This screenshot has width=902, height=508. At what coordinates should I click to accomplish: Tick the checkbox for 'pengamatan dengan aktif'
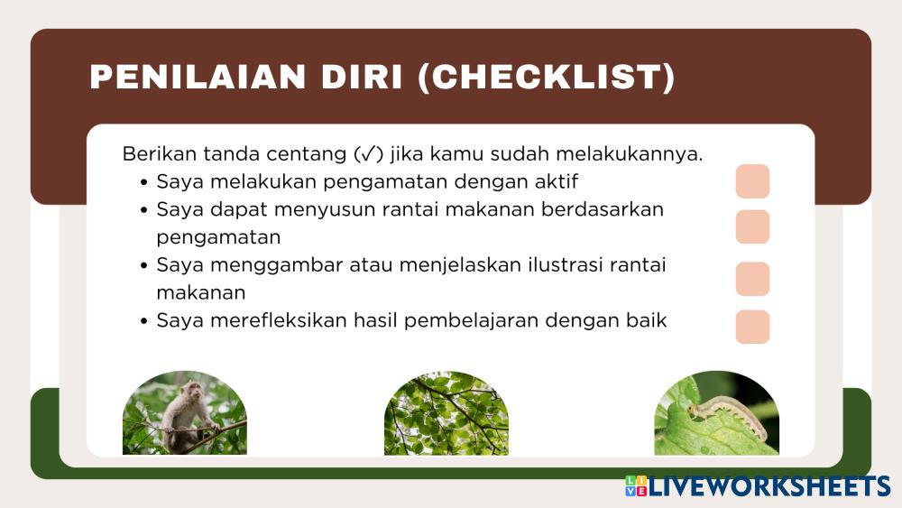pos(752,181)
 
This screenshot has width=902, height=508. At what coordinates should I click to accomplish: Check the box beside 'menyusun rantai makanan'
pos(752,226)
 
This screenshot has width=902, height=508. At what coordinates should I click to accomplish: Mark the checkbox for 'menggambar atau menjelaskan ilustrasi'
pos(752,279)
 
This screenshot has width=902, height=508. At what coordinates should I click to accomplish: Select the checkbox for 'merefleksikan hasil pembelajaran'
pos(752,327)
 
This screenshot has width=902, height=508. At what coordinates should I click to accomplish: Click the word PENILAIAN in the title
pos(198,77)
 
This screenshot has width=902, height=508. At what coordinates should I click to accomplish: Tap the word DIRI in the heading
pos(362,77)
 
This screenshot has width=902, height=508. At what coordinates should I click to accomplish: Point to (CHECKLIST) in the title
pos(547,78)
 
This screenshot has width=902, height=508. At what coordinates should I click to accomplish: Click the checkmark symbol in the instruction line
pos(369,154)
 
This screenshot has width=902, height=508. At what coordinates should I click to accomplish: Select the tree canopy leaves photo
pos(446,412)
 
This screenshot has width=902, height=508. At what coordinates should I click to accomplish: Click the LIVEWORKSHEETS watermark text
pos(769,486)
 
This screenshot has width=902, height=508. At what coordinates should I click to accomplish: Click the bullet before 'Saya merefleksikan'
pos(143,320)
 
